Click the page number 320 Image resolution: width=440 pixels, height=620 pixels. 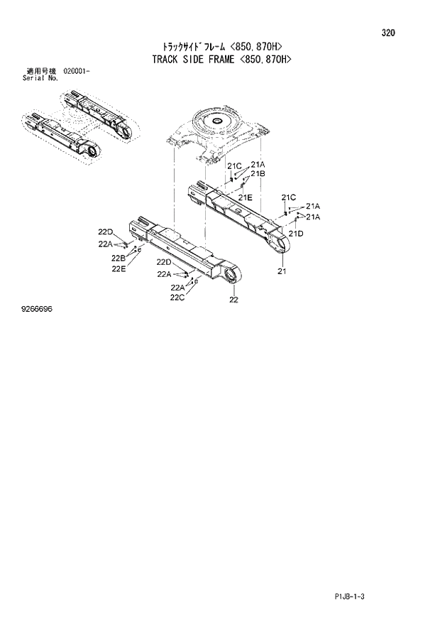[x=387, y=33]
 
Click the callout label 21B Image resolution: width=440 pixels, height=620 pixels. [x=257, y=173]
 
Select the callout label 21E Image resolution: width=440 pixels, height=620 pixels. [x=246, y=197]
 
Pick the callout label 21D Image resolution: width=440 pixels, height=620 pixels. [x=296, y=233]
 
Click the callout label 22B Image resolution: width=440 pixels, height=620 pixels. [x=118, y=257]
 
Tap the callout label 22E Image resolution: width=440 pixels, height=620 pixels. [x=118, y=268]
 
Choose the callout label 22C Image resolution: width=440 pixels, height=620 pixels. [x=177, y=297]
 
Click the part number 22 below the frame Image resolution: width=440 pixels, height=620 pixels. [x=233, y=300]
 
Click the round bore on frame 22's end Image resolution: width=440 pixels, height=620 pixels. [x=231, y=275]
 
